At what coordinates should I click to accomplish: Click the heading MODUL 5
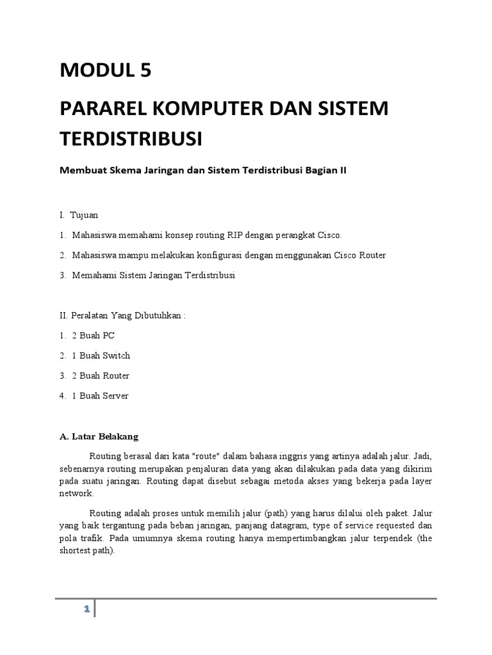(106, 70)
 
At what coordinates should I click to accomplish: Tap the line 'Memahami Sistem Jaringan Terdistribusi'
(154, 275)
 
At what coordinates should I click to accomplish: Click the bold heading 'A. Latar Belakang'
(99, 437)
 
